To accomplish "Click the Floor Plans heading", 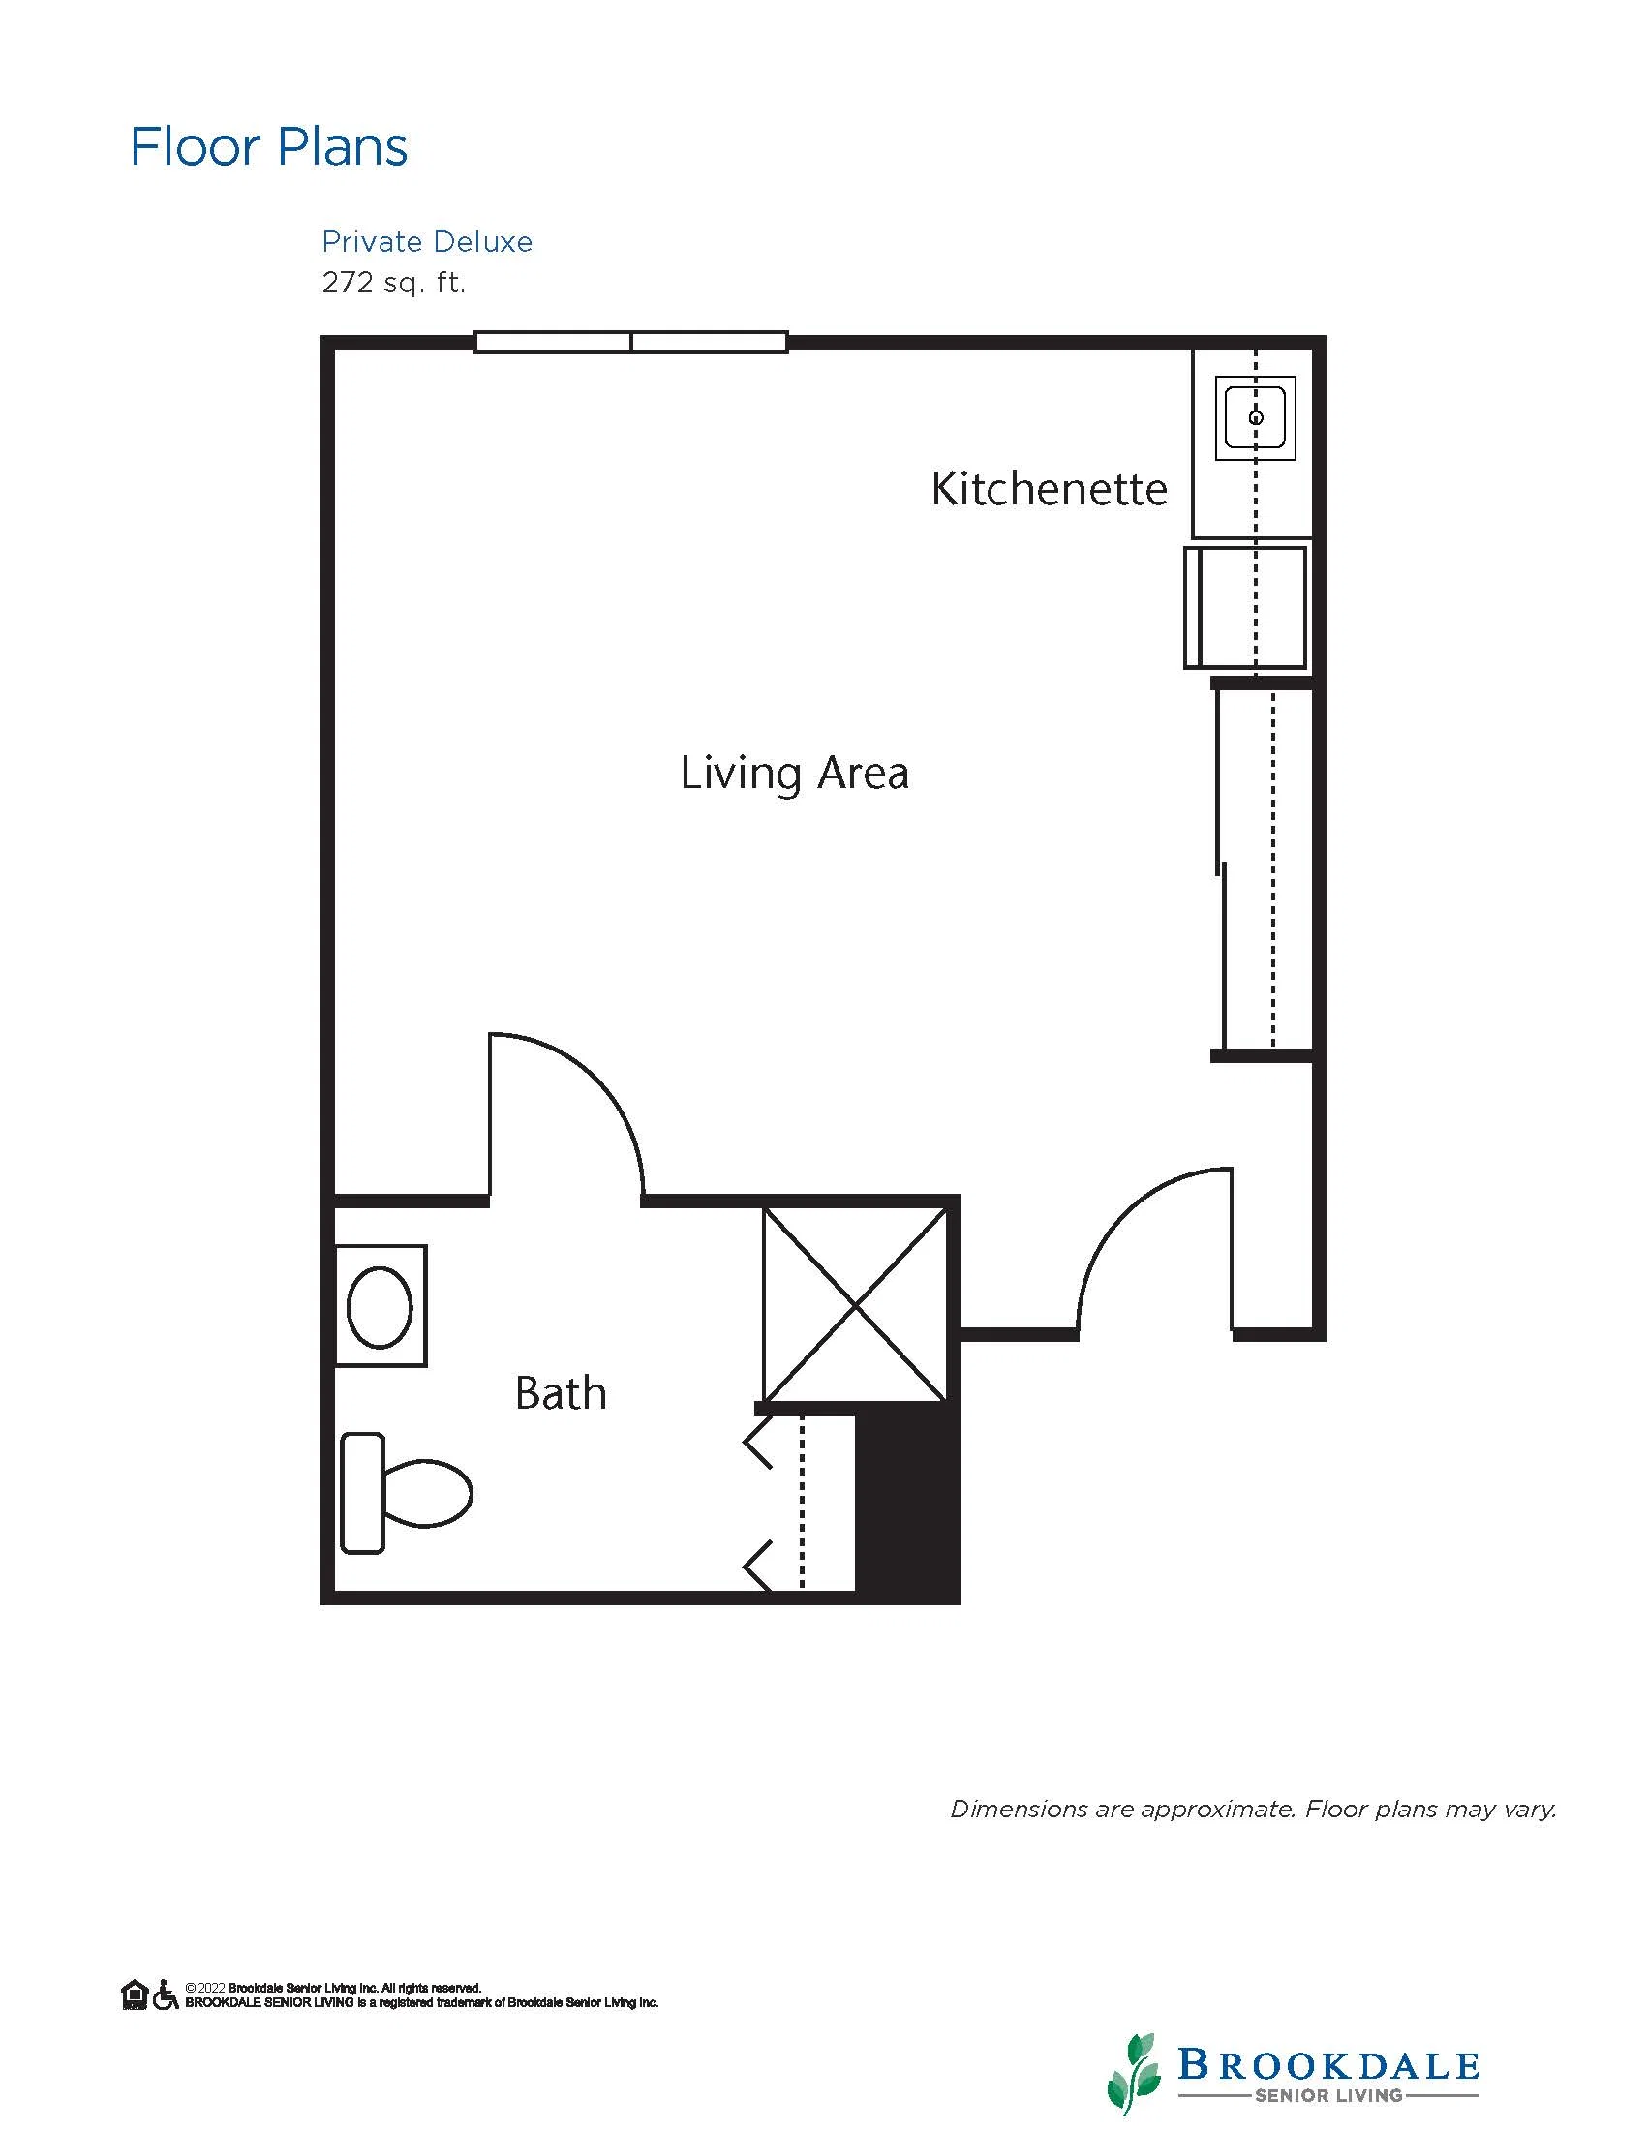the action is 268,147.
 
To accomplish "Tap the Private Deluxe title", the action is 427,242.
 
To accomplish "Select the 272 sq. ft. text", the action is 394,283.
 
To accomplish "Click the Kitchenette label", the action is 1049,489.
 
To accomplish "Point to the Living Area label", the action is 794,774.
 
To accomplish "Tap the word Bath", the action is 560,1393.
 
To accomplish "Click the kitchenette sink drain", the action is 1256,417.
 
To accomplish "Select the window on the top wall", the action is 630,342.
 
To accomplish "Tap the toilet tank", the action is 362,1493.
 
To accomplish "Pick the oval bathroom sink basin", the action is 380,1306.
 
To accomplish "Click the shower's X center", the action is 855,1305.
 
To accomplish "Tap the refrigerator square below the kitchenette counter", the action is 1245,608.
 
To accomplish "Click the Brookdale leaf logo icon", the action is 1134,2073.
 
